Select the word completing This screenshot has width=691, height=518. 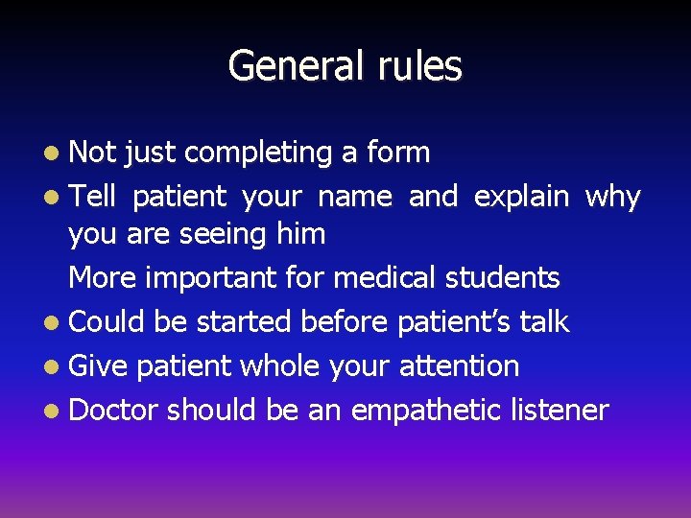[257, 153]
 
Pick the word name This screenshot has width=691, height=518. [354, 198]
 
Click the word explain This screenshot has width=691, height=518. [521, 198]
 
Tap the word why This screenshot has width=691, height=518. [611, 198]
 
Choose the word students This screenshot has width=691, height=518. [500, 278]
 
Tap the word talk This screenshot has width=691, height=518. [543, 322]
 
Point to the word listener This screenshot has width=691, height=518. [560, 411]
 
